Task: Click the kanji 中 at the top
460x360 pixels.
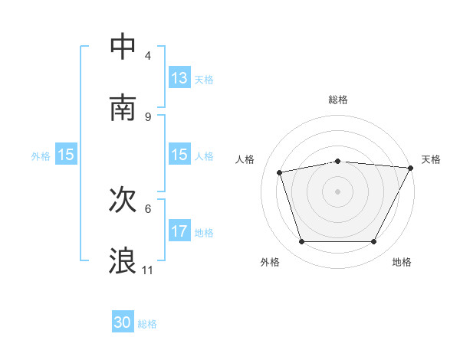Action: pos(123,47)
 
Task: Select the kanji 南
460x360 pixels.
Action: pos(123,107)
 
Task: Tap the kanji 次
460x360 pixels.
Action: pos(123,200)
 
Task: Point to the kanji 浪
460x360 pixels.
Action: pos(123,260)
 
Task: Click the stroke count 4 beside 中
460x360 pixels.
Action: pos(148,55)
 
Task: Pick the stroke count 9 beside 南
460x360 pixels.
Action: pos(148,116)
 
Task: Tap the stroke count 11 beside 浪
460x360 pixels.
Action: pos(148,270)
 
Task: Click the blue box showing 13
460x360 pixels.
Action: pos(179,78)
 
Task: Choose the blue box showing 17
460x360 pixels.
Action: pos(179,231)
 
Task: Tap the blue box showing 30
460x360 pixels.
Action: pos(123,322)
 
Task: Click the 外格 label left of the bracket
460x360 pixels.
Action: pos(41,155)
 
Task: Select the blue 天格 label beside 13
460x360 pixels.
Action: pos(204,80)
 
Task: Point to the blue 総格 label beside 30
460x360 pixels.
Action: pos(147,324)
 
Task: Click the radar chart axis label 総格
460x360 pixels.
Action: pos(338,100)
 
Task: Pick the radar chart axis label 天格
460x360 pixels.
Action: pos(431,159)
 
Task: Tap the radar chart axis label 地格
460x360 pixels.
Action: pos(402,262)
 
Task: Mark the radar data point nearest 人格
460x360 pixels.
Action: pos(280,172)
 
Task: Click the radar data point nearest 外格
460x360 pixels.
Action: pos(302,242)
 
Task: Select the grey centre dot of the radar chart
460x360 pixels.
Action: pos(338,191)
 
